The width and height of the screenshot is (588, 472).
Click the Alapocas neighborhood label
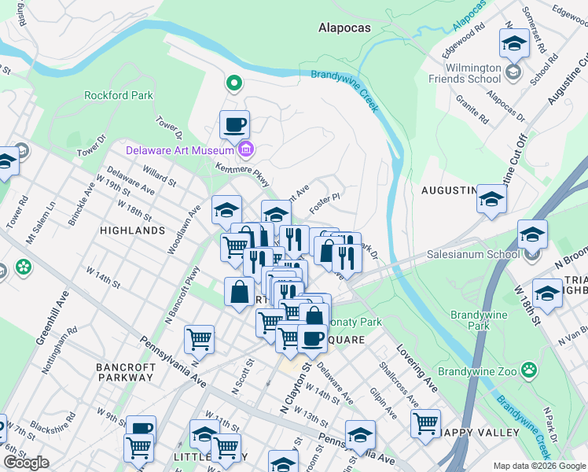tap(345, 28)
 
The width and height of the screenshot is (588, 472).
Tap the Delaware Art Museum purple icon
tap(245, 149)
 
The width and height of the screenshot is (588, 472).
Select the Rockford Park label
tap(119, 95)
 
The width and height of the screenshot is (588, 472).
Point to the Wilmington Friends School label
tap(465, 73)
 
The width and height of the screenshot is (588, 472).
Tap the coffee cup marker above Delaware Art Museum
tap(234, 124)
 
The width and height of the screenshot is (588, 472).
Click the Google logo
tap(26, 463)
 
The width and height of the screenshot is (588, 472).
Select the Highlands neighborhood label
tap(133, 230)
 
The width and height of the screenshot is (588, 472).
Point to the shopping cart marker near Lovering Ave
tap(425, 422)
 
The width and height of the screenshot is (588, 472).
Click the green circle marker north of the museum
tap(233, 82)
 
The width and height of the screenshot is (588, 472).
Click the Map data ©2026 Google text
tap(538, 465)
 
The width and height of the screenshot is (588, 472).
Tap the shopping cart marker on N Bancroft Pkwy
tap(200, 340)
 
